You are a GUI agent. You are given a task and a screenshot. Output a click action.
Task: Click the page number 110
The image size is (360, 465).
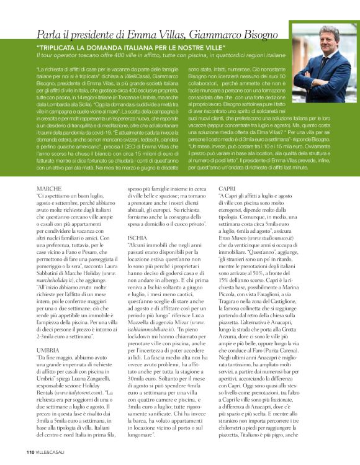(x=30, y=452)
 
